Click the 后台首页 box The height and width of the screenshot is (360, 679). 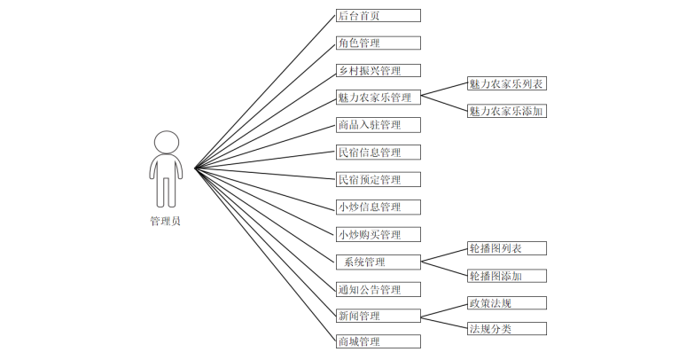[378, 15]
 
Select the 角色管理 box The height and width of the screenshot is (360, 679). [378, 43]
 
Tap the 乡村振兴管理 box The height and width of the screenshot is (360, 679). [378, 70]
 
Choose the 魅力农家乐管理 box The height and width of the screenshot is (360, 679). [378, 98]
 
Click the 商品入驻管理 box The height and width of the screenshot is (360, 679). [378, 125]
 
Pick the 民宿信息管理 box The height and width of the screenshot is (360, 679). [378, 153]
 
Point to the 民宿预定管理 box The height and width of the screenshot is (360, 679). [378, 179]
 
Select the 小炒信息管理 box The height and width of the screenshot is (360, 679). [378, 207]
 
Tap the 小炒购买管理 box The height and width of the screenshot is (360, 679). [378, 234]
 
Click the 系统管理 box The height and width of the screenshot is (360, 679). [378, 262]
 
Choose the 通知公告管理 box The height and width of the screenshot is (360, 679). [378, 289]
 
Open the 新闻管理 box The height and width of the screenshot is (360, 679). [378, 316]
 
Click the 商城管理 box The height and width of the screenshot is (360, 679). [378, 341]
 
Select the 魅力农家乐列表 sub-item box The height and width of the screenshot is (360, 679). [506, 84]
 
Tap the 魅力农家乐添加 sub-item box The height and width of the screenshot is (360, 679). [506, 111]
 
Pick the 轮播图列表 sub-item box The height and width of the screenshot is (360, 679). [506, 248]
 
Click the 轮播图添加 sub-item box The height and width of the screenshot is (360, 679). [506, 275]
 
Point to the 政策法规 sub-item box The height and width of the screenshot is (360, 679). [506, 302]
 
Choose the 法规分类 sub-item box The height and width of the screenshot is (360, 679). [506, 329]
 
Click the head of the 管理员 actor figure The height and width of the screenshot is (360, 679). [166, 142]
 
